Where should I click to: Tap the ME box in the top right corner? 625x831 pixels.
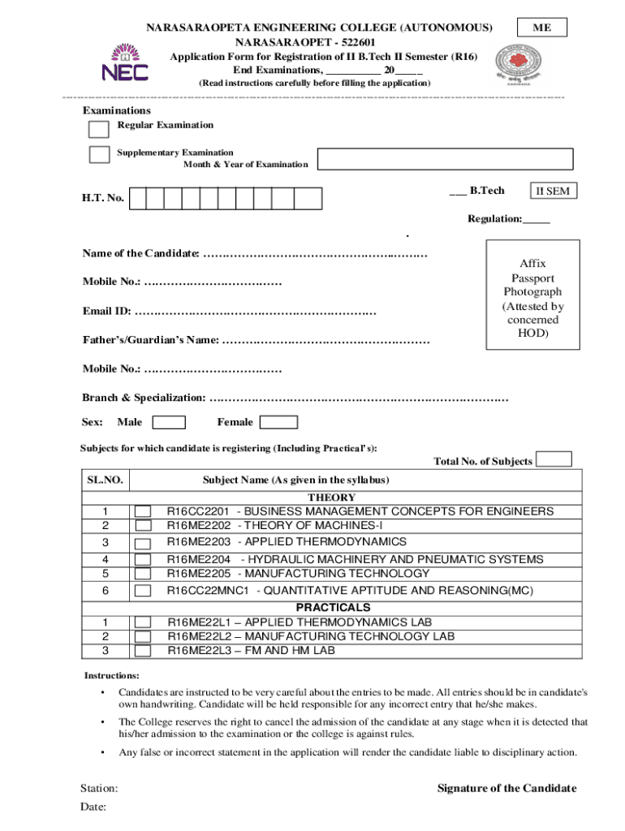(542, 28)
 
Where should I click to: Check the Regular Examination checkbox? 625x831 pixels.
(98, 129)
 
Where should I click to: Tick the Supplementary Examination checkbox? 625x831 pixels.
(99, 154)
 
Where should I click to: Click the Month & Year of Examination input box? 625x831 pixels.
(445, 159)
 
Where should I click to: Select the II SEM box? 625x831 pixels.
(552, 192)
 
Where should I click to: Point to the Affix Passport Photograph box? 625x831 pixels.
(532, 295)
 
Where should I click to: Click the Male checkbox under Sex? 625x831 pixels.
(169, 422)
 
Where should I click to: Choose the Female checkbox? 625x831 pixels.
(278, 422)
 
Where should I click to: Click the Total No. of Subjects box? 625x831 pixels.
(554, 459)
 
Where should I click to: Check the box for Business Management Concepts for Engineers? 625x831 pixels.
(143, 511)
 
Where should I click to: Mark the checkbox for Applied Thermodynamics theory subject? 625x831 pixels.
(143, 543)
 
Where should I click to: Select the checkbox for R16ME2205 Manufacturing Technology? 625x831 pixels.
(143, 574)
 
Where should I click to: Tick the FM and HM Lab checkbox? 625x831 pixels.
(143, 651)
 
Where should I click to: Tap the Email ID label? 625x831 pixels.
(106, 312)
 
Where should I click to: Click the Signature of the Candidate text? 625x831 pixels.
(506, 788)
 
